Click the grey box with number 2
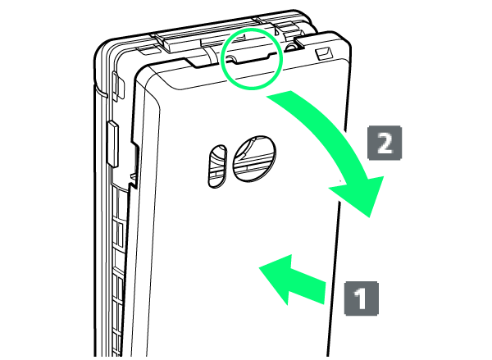(x=385, y=143)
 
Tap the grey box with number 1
(x=362, y=298)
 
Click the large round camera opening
(x=254, y=158)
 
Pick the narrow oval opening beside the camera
(x=217, y=166)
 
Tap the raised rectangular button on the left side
(x=112, y=144)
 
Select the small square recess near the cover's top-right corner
(x=325, y=54)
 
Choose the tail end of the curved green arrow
(x=280, y=93)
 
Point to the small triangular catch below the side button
(x=134, y=177)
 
